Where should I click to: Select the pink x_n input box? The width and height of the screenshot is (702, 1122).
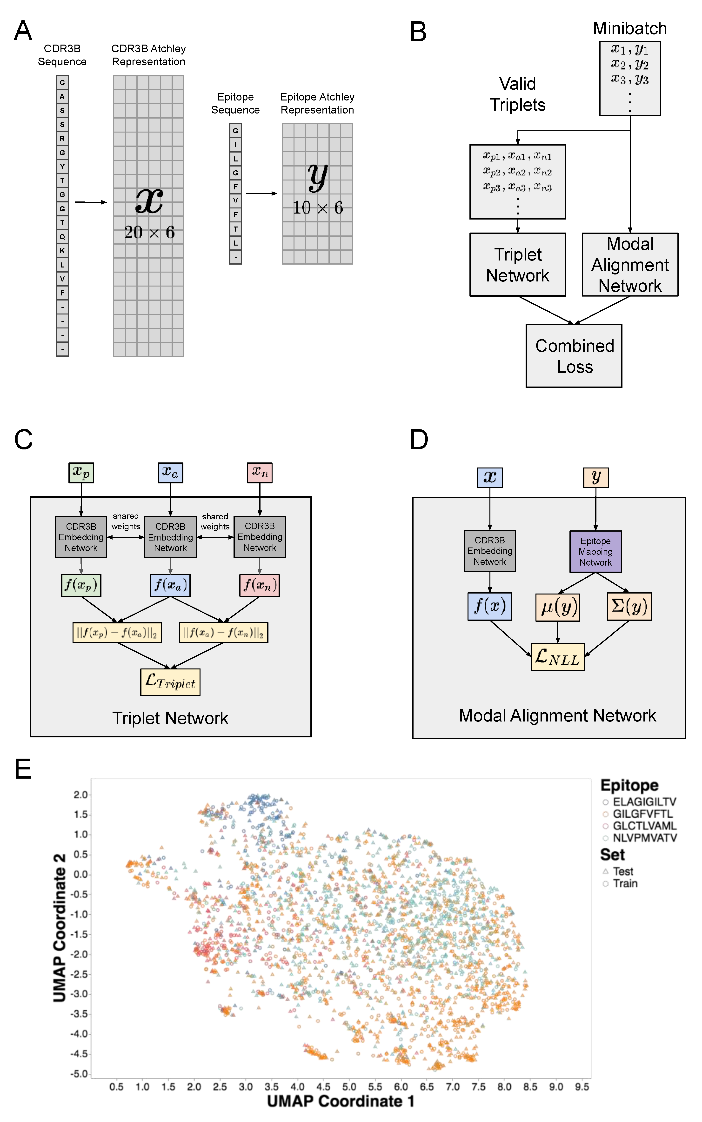[260, 473]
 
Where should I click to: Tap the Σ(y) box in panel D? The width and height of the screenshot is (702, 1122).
[629, 606]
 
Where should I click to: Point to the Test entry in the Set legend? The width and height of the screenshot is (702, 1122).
[623, 871]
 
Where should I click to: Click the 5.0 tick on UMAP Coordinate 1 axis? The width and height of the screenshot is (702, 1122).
[349, 1087]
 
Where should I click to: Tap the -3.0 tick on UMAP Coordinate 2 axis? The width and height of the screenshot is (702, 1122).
[79, 994]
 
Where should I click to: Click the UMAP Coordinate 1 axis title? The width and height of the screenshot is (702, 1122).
[340, 1101]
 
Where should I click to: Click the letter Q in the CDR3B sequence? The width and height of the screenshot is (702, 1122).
[62, 237]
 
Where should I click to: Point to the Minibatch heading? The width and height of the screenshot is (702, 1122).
[629, 28]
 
